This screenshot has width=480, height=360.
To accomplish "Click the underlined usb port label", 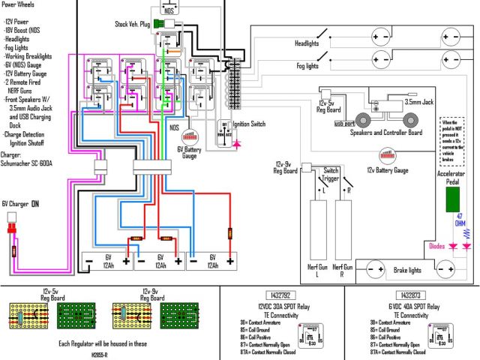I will click(x=343, y=124).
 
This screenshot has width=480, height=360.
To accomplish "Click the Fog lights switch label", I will click(x=307, y=66).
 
